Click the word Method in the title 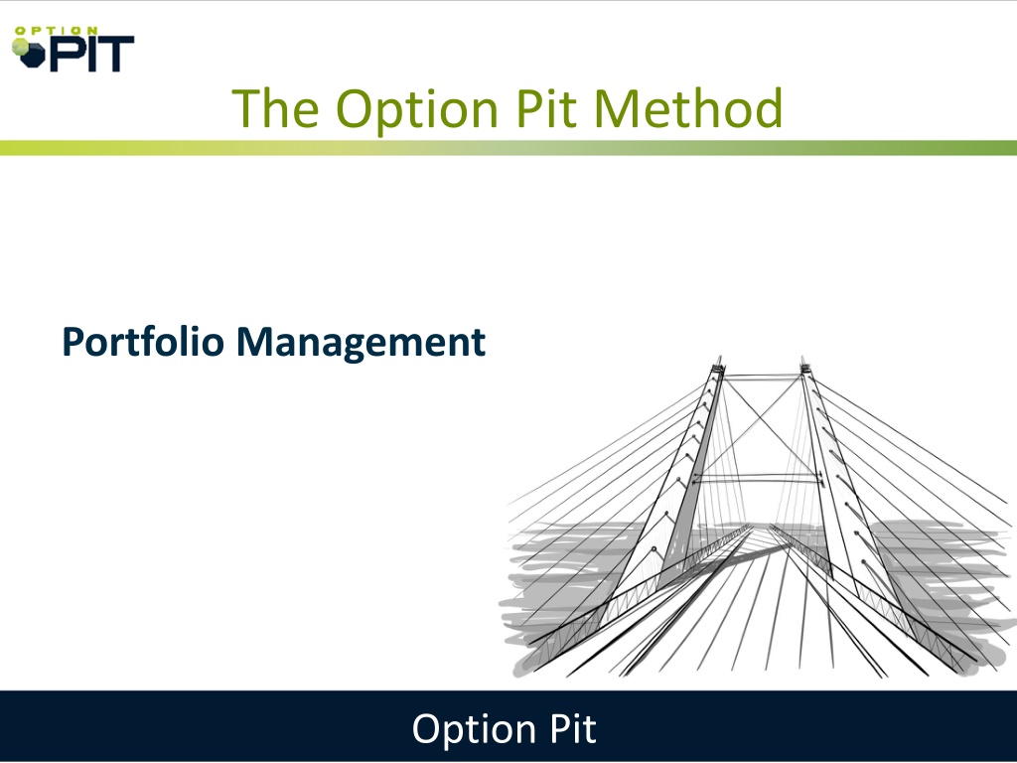click(688, 108)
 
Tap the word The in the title click(275, 108)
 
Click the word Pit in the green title click(546, 108)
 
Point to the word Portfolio click(143, 342)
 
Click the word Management click(361, 343)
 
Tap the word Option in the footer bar click(474, 730)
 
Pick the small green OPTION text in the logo click(56, 31)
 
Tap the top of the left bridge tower click(718, 358)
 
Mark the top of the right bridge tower click(802, 358)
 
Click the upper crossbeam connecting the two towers click(762, 376)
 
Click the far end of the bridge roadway click(759, 527)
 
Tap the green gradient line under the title click(508, 148)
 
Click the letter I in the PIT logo click(92, 54)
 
